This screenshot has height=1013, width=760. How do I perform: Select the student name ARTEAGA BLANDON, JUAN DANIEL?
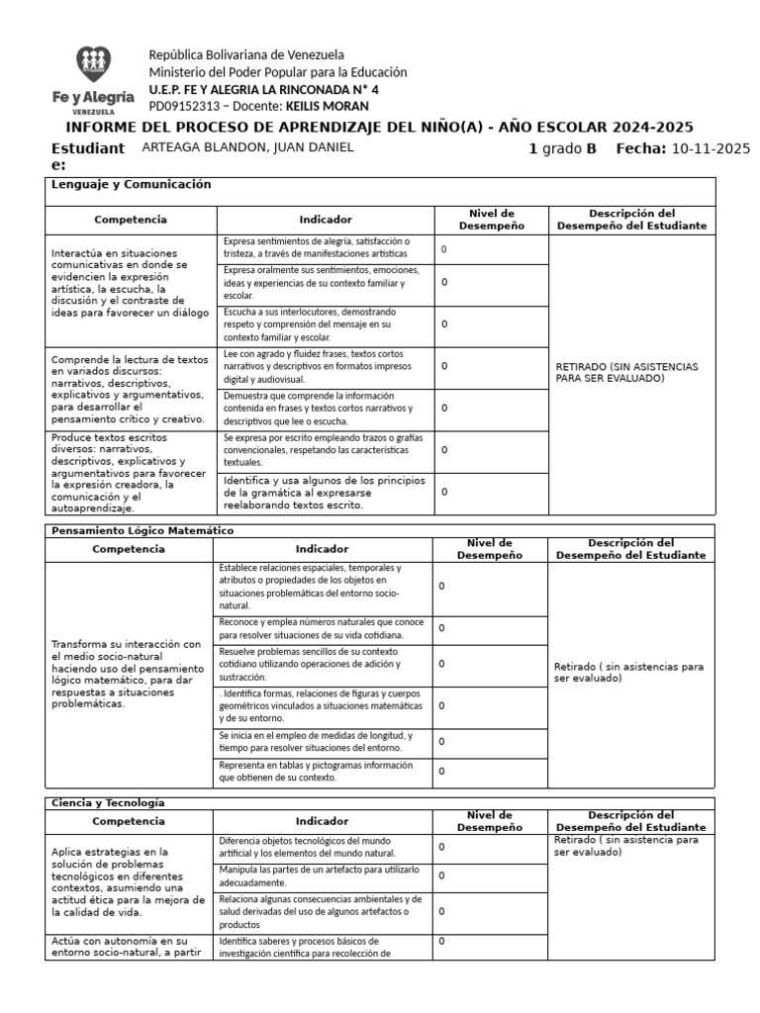click(x=247, y=147)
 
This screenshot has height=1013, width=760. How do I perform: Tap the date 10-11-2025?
click(x=711, y=148)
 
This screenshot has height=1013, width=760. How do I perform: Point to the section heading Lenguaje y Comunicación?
click(x=132, y=184)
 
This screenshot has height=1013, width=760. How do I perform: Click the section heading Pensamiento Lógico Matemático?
click(x=142, y=530)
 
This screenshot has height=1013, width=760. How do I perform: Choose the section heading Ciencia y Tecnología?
click(x=108, y=802)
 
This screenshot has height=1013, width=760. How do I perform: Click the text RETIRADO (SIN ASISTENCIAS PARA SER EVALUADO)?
click(x=627, y=372)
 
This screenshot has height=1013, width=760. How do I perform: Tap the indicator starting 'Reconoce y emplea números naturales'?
click(x=322, y=628)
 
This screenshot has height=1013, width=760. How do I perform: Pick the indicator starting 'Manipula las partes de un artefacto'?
click(x=319, y=875)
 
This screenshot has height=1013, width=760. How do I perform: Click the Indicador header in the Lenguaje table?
click(x=325, y=220)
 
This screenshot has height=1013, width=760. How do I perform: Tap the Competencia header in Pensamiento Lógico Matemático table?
click(x=128, y=548)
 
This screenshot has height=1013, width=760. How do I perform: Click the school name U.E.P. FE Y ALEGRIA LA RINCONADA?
click(x=263, y=89)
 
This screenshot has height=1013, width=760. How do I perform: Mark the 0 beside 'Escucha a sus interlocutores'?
click(x=444, y=323)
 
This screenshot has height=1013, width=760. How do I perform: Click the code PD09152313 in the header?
click(x=183, y=106)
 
